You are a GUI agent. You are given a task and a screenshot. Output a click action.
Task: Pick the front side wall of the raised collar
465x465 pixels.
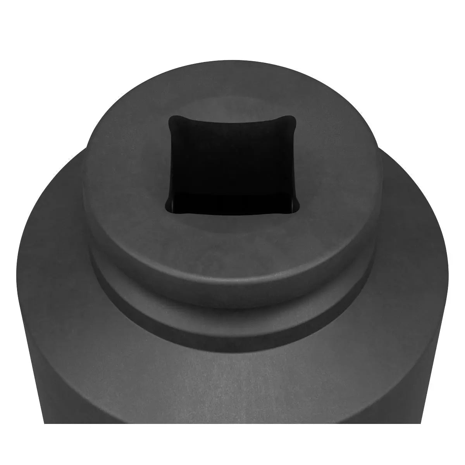(x=232, y=279)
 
